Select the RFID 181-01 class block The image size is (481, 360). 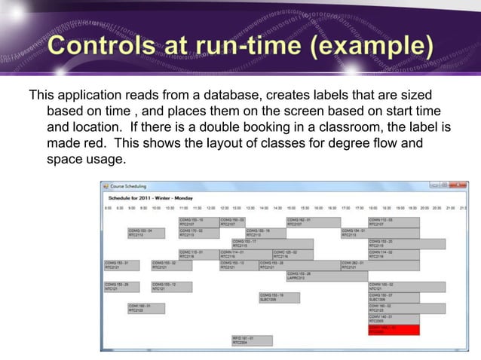click(251, 340)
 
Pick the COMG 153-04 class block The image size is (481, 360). click(145, 233)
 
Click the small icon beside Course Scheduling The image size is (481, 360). click(106, 185)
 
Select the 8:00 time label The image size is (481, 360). click(108, 208)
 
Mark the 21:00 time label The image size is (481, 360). click(450, 208)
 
